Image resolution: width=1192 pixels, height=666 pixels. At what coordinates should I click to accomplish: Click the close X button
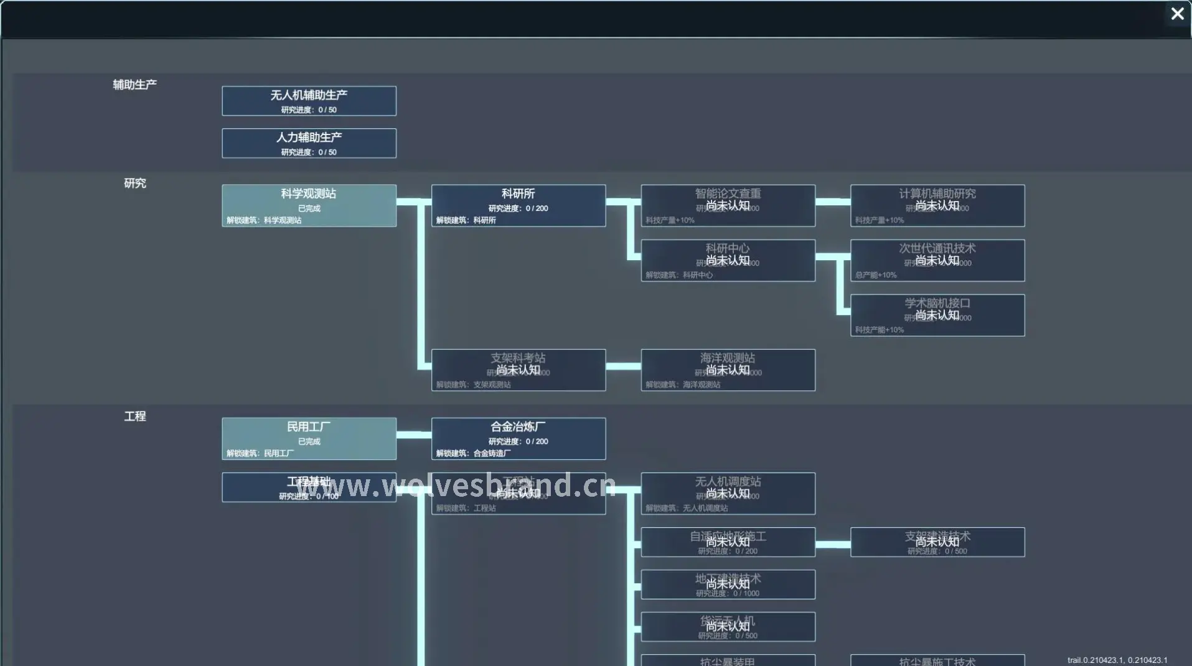click(1177, 14)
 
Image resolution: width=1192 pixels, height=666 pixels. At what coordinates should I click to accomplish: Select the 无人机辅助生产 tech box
click(309, 101)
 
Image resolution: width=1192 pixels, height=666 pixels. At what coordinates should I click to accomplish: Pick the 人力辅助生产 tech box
click(309, 143)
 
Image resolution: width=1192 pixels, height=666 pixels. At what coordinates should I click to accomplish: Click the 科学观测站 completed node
click(309, 205)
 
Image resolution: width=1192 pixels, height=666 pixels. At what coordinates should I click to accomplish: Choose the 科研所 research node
click(518, 205)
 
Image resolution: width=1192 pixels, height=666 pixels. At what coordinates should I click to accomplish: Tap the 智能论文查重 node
click(728, 205)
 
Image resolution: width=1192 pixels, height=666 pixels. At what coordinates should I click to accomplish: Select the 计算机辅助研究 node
click(937, 205)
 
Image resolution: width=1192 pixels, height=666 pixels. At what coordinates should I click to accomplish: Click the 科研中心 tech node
click(728, 260)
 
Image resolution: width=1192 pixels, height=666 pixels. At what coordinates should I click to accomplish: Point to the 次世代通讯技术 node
click(937, 260)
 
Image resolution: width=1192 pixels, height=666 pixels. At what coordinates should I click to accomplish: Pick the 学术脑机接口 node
click(937, 315)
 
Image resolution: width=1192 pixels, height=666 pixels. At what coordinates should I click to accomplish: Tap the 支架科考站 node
click(518, 370)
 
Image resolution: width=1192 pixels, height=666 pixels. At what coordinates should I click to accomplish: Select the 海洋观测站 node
click(728, 370)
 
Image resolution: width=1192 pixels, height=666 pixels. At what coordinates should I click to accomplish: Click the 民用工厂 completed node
click(309, 439)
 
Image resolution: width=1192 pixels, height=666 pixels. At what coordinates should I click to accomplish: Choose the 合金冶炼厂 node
click(518, 439)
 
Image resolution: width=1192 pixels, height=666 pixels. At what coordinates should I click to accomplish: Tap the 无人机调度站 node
click(728, 494)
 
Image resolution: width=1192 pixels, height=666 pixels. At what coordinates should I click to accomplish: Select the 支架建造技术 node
click(937, 542)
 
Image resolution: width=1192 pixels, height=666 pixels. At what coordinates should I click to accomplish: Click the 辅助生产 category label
click(134, 85)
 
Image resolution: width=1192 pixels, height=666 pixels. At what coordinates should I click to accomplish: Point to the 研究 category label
click(134, 183)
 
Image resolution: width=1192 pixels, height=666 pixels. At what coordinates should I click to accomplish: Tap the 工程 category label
click(134, 416)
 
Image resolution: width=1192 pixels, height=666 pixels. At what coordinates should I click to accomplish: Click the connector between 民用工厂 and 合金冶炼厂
click(413, 434)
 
